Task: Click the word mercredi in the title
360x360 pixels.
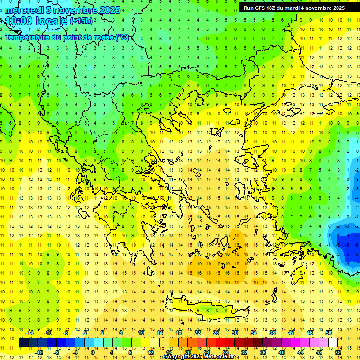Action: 23,9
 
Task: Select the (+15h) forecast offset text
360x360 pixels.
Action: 81,21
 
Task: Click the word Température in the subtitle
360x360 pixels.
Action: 28,37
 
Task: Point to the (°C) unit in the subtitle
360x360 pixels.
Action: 122,37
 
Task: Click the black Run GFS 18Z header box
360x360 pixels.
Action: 294,8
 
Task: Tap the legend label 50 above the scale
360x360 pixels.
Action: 329,333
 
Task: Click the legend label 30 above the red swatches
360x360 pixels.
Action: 234,333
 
